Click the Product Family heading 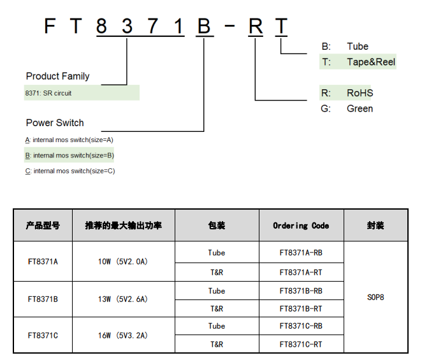point(57,76)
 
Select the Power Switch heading point(55,122)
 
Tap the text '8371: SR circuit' point(48,93)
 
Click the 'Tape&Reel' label point(371,62)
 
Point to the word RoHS point(360,93)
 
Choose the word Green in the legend point(360,108)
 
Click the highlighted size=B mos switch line point(69,155)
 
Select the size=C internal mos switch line point(69,171)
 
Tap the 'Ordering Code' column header point(301,226)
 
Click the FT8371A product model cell point(43,261)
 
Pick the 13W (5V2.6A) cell point(124,298)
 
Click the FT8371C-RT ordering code point(301,344)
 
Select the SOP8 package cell point(375,297)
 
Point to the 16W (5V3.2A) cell point(124,335)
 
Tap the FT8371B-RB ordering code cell point(301,291)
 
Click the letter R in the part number point(255,26)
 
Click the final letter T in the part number point(280,26)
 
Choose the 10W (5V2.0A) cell point(124,261)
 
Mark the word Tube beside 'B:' point(358,47)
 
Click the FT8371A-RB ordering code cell point(301,252)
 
